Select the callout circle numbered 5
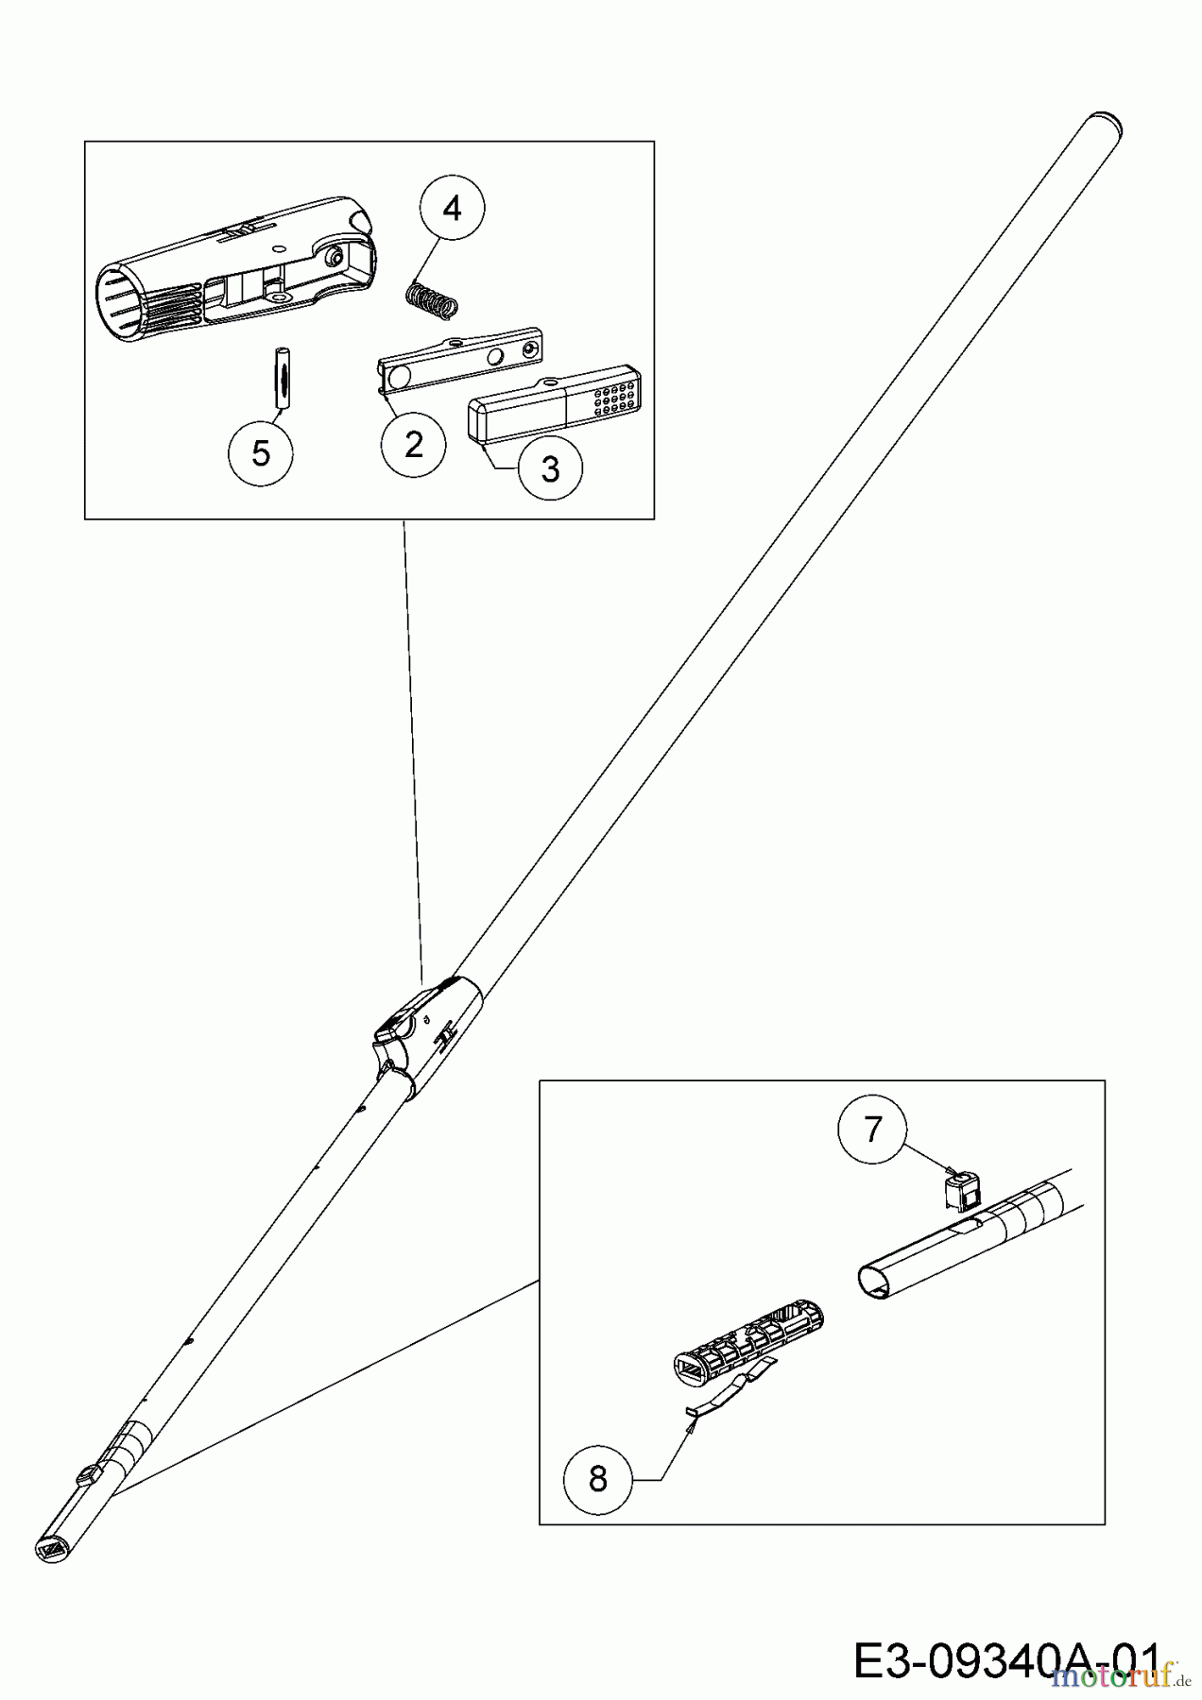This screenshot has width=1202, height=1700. [261, 452]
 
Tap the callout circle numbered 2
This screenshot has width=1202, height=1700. [414, 444]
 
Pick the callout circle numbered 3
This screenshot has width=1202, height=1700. [550, 468]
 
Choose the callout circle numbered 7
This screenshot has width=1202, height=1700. [872, 1129]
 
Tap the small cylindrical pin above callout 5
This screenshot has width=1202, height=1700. [281, 377]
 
